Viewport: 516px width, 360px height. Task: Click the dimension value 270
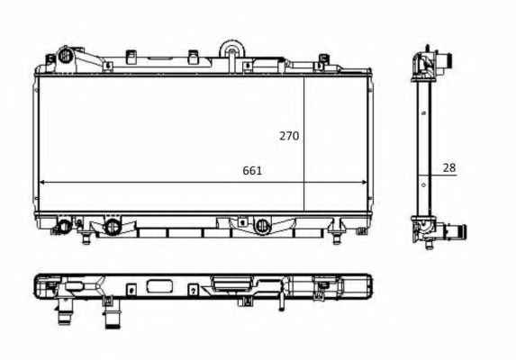289,136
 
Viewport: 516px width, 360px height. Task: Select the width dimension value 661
252,171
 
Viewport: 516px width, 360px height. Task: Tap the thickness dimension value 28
448,167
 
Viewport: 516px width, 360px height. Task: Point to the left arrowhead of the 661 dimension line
42,182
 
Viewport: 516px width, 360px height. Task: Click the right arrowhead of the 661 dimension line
364,182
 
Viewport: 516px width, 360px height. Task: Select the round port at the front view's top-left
66,56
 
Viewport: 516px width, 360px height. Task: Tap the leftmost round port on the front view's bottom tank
64,226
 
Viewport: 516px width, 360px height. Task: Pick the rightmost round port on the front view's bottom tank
262,226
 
